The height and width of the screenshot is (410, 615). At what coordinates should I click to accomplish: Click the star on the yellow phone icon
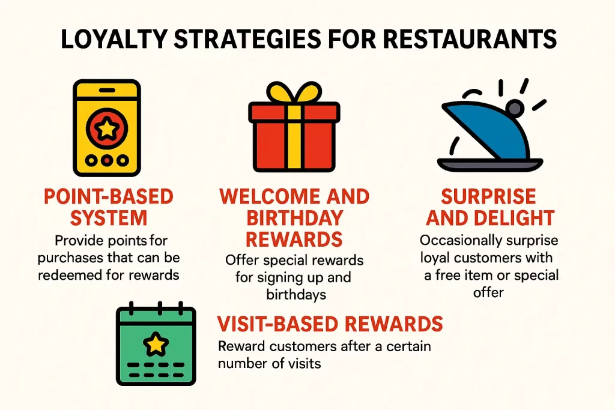106,128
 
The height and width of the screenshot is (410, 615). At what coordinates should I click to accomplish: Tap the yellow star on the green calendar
156,344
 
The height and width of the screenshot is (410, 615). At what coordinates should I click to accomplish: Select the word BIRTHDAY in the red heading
294,218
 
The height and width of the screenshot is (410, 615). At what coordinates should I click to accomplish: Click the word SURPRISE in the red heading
489,197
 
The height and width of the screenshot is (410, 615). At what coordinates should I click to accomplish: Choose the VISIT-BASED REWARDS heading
330,324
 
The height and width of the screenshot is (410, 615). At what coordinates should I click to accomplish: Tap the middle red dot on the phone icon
106,161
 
